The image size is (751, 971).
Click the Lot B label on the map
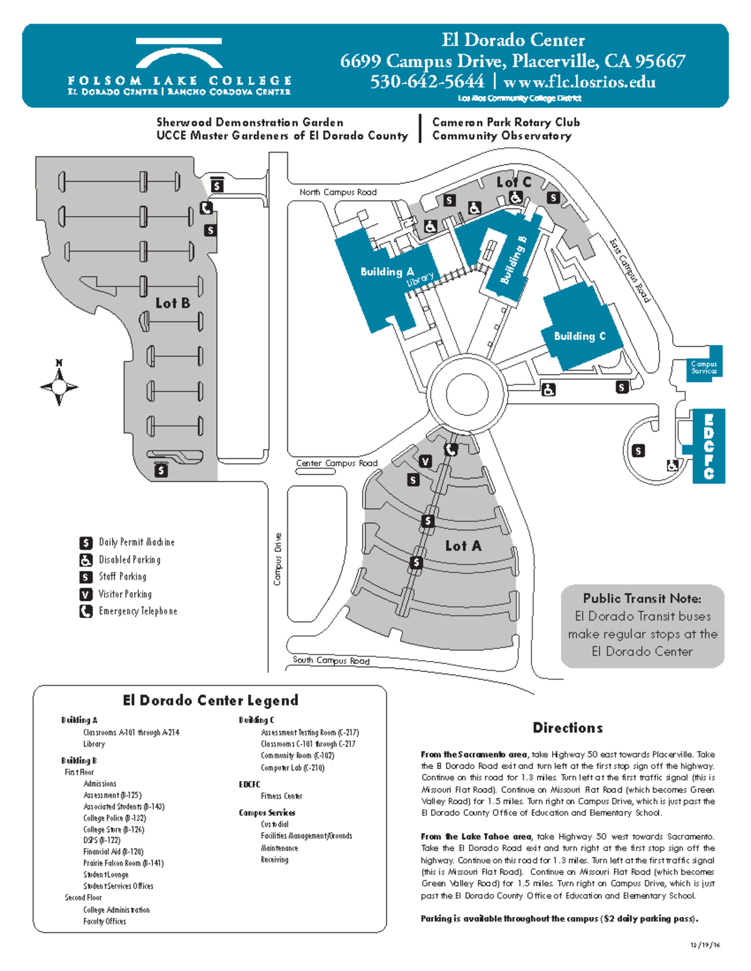tap(173, 303)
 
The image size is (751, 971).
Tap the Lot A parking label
tap(463, 546)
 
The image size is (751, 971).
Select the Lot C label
tap(513, 182)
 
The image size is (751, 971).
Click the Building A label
tap(387, 272)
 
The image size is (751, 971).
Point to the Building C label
tap(580, 336)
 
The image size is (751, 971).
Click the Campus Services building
tap(704, 367)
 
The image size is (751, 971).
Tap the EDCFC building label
tap(708, 446)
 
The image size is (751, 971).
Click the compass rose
tap(59, 387)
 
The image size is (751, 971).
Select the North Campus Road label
tap(338, 193)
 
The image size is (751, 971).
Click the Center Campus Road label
tap(337, 463)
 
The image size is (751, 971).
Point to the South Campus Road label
tap(331, 660)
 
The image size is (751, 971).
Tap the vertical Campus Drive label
tap(278, 559)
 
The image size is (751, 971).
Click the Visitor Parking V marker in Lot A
tap(426, 461)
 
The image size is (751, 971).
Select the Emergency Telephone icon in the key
tap(86, 611)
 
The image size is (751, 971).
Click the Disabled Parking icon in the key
tap(86, 560)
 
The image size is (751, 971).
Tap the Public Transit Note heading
tap(642, 598)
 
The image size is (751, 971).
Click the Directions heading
tap(568, 728)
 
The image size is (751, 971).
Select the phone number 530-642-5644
tap(427, 82)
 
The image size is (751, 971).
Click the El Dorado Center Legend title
tap(210, 700)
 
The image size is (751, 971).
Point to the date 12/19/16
tap(705, 945)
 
